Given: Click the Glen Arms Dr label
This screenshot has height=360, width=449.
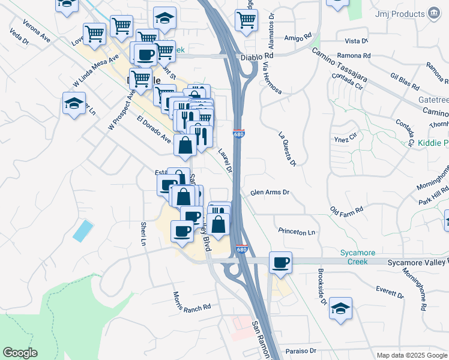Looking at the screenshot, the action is tap(270, 193).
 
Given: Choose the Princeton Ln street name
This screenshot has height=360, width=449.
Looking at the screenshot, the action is tap(297, 232).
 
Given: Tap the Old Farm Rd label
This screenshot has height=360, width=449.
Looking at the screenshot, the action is tap(347, 211).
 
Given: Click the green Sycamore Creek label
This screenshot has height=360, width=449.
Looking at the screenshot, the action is tap(357, 257).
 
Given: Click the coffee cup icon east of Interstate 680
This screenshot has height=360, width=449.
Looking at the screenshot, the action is tap(280, 262).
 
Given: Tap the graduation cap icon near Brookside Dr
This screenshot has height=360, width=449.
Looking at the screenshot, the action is tap(341, 309).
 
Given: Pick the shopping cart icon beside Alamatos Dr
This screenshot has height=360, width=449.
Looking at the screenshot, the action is tap(247, 19).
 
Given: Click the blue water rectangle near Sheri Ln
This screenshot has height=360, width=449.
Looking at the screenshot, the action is tap(83, 231).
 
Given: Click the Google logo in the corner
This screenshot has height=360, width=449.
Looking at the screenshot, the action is tap(20, 353).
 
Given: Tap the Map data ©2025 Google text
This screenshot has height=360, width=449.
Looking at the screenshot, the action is tap(411, 355).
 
